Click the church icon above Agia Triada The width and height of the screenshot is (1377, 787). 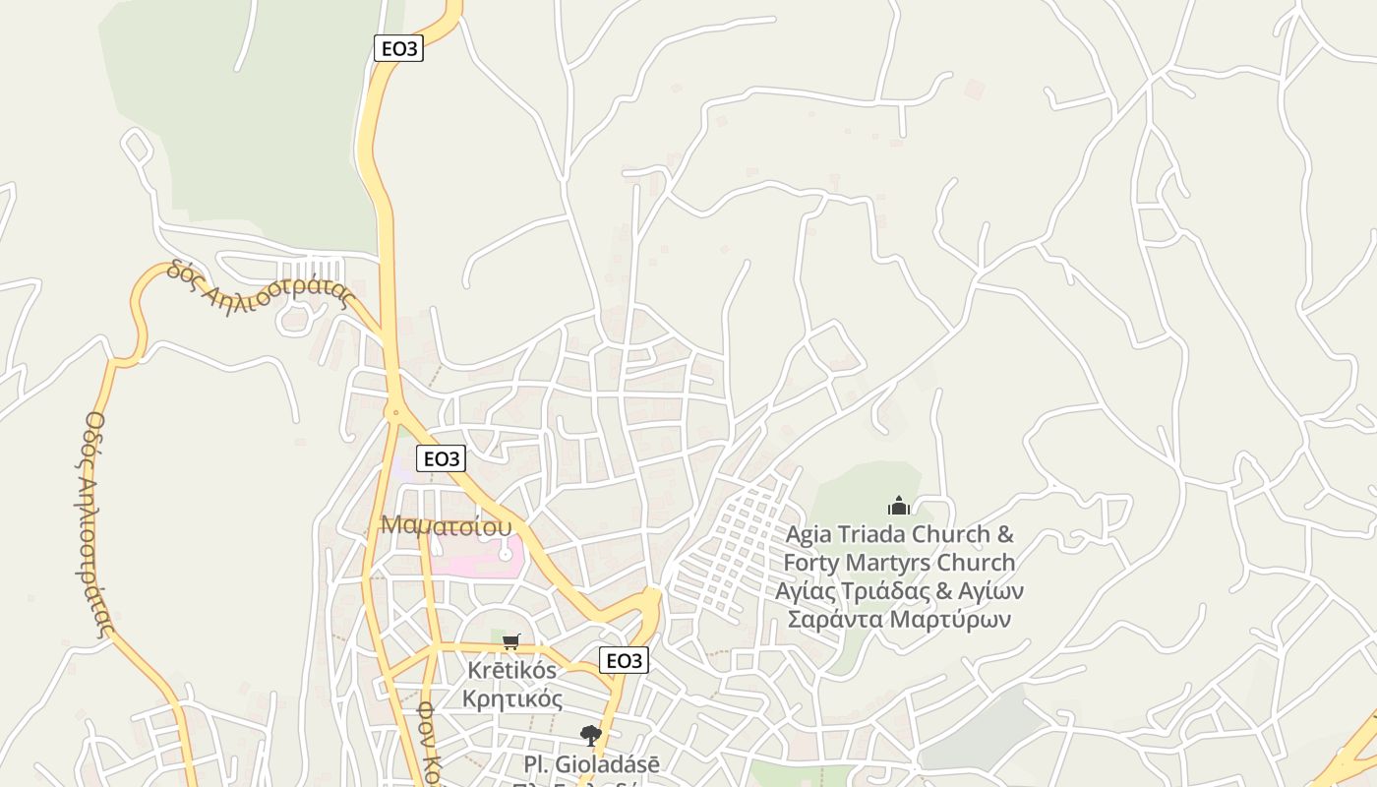click(899, 507)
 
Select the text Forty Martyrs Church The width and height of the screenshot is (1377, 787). click(899, 564)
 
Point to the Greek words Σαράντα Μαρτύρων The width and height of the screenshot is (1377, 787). click(899, 620)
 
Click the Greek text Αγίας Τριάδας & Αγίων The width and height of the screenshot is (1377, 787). click(899, 591)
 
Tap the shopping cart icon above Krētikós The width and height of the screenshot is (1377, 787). click(510, 642)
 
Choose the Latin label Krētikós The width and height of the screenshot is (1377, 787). click(511, 671)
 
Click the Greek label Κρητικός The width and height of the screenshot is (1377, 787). click(511, 699)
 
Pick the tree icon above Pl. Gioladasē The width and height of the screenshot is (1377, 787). click(590, 735)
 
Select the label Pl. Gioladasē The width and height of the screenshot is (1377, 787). click(591, 763)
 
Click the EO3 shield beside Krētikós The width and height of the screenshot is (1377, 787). click(624, 660)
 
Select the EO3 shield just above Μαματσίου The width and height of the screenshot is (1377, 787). click(441, 458)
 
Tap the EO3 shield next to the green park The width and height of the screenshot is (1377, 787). click(398, 48)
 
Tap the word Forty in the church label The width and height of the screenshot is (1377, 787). click(808, 564)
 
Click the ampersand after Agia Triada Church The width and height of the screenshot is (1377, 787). click(1005, 535)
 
